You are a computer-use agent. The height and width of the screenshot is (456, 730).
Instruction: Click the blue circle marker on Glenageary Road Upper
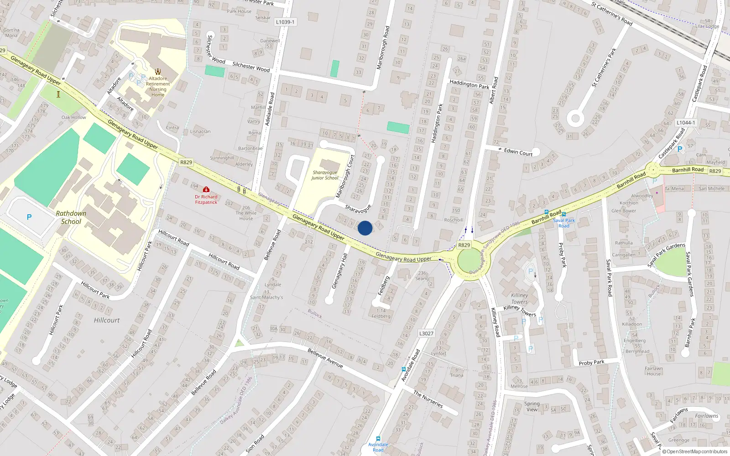[x=365, y=228]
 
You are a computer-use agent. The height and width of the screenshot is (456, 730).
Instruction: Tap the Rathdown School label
[x=71, y=218]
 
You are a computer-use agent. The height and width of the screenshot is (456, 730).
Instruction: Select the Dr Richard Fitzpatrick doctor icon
[x=206, y=189]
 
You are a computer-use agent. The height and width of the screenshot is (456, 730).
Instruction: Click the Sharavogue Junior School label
[x=325, y=176]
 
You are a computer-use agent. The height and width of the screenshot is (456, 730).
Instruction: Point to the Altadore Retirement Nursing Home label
[x=158, y=87]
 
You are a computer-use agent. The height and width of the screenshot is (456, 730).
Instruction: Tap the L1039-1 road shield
[x=286, y=22]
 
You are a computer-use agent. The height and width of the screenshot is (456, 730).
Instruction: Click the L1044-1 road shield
[x=686, y=123]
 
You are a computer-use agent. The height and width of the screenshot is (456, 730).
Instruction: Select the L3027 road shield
[x=426, y=333]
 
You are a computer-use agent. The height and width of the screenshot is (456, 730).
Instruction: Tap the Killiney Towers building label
[x=519, y=299]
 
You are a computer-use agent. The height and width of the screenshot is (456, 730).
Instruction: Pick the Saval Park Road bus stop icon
[x=564, y=214]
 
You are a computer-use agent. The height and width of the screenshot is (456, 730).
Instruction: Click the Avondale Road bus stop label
[x=378, y=447]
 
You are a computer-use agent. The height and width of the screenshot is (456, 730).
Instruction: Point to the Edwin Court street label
[x=518, y=152]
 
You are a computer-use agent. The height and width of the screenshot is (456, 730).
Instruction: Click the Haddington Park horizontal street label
[x=469, y=84]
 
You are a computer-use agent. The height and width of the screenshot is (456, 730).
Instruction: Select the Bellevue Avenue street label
[x=325, y=358]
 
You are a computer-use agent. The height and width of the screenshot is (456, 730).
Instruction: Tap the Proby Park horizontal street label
[x=591, y=363]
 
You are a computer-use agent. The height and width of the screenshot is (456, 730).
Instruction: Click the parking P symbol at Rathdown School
[x=29, y=217]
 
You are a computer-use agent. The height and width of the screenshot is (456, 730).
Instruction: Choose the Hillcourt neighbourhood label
[x=107, y=320]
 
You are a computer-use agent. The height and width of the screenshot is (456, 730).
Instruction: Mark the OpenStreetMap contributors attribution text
[x=694, y=451]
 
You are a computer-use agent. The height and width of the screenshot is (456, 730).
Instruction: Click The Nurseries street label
[x=428, y=399]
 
